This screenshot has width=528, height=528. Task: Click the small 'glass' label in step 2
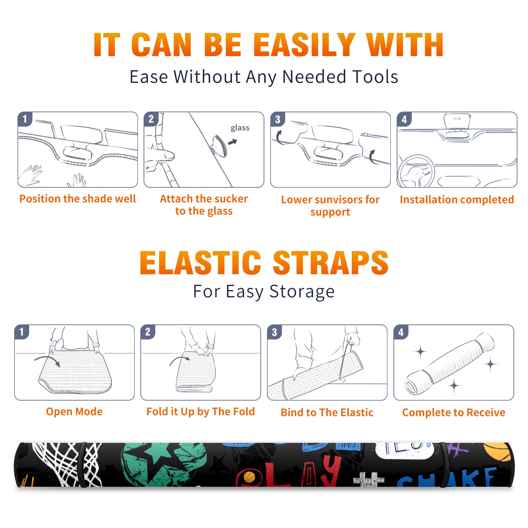(240, 128)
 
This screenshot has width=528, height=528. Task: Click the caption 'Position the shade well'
(78, 199)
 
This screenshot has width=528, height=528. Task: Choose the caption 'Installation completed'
(457, 200)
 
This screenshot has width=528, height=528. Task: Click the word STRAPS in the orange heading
(331, 263)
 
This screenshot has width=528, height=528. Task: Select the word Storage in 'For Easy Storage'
(302, 292)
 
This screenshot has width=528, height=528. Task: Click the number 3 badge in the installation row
(278, 119)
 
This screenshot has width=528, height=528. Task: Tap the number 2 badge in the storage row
(148, 332)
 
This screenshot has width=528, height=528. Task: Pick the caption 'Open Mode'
(74, 412)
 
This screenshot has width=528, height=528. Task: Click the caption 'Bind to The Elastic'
(327, 412)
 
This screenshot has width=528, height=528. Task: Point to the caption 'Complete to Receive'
(454, 412)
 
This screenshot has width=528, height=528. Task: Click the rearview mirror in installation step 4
(457, 121)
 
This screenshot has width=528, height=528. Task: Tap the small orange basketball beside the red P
(249, 477)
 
